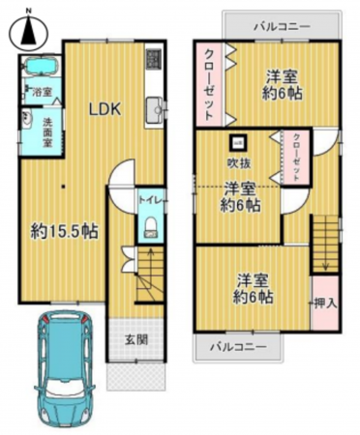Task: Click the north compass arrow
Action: [x=27, y=32]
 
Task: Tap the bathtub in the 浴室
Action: [x=40, y=72]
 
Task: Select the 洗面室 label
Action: [x=47, y=130]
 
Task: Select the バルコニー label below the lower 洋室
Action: [x=240, y=346]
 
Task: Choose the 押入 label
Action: [x=326, y=303]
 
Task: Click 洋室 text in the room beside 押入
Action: [x=254, y=280]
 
